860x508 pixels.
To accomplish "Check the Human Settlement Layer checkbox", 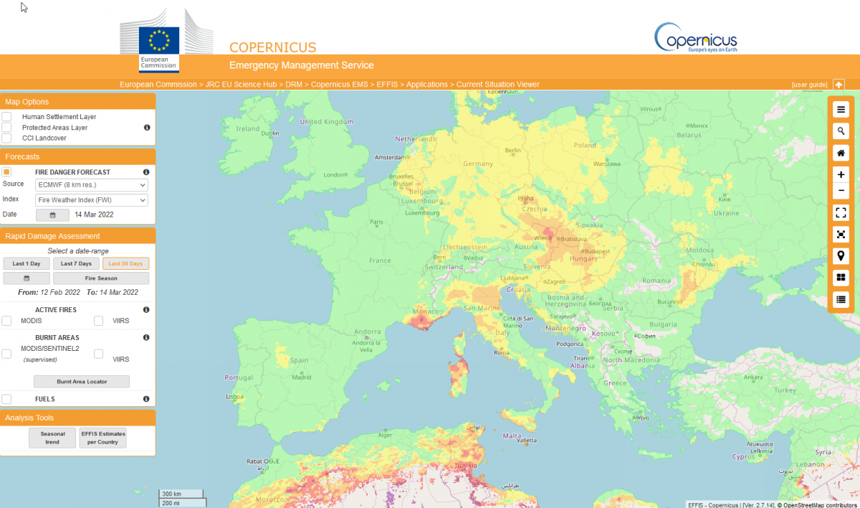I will click(6, 116).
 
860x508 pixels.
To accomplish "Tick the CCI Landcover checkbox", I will click(6, 138).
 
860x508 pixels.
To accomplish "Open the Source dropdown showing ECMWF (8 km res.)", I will click(92, 185).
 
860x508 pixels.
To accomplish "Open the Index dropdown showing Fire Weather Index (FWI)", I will click(92, 200).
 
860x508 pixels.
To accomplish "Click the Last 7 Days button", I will click(75, 263).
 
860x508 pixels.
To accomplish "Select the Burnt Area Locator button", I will click(82, 382).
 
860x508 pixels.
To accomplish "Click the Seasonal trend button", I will click(52, 438).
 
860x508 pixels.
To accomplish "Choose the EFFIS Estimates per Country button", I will click(102, 438).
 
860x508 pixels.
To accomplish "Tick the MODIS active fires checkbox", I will click(6, 321).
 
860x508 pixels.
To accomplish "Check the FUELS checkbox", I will click(6, 399).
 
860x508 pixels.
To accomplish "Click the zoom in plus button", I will click(841, 174).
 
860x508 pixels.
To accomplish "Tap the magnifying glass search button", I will click(841, 131).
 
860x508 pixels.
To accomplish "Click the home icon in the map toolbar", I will click(841, 153).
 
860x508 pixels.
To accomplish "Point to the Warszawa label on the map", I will click(606, 164).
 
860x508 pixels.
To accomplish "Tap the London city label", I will click(334, 174).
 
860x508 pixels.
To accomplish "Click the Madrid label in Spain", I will click(302, 377).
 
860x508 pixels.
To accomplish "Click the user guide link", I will click(809, 85).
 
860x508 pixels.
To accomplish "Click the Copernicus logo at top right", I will click(695, 37).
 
